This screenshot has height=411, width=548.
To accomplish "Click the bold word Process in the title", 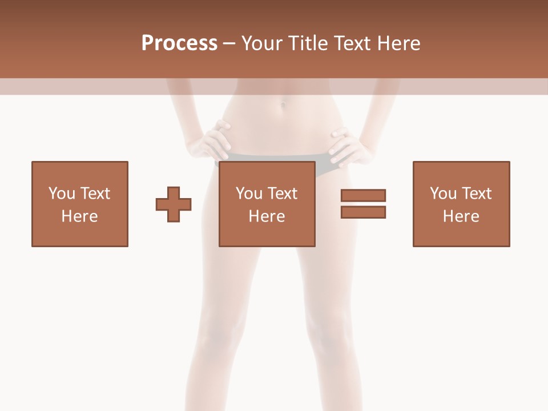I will pyautogui.click(x=179, y=43).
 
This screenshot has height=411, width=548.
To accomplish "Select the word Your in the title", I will pyautogui.click(x=261, y=43).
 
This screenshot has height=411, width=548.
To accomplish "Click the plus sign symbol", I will pyautogui.click(x=174, y=204).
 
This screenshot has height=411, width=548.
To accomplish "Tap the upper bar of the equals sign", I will pyautogui.click(x=363, y=195).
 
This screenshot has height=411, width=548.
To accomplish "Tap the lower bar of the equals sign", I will pyautogui.click(x=363, y=212).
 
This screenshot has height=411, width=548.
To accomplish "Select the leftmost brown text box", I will pyautogui.click(x=80, y=204).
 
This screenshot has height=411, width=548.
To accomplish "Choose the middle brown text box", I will pyautogui.click(x=267, y=204).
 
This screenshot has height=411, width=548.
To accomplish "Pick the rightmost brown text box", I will pyautogui.click(x=461, y=204).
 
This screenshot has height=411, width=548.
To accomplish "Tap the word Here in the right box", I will pyautogui.click(x=461, y=216).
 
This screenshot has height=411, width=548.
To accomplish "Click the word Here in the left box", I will pyautogui.click(x=80, y=216).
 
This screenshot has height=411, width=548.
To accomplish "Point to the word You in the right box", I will pyautogui.click(x=443, y=194).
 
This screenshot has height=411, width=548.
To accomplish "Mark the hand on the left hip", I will pyautogui.click(x=214, y=140).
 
